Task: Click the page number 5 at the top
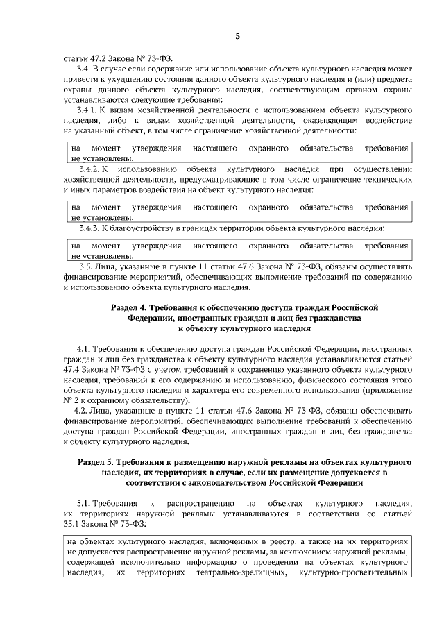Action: pyautogui.click(x=237, y=37)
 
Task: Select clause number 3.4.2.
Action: pyautogui.click(x=90, y=169)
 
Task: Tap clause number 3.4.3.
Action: pyautogui.click(x=90, y=228)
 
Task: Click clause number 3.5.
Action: pyautogui.click(x=87, y=266)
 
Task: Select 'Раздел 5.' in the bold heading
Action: pyautogui.click(x=96, y=461)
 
